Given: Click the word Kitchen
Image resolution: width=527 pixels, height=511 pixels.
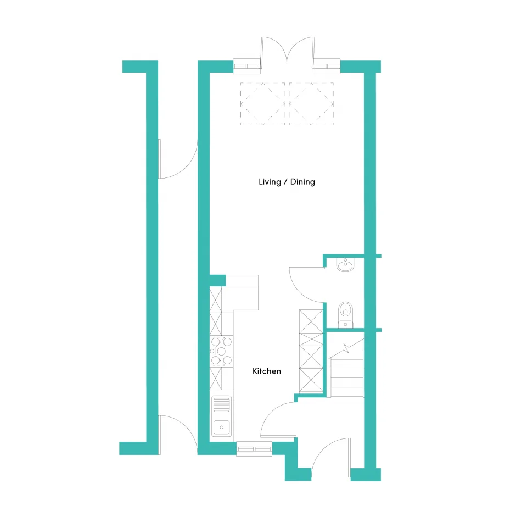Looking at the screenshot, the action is (267, 371).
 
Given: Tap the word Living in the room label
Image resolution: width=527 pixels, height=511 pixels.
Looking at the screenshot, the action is (270, 182).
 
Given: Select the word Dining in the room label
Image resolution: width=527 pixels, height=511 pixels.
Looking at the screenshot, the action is (302, 182).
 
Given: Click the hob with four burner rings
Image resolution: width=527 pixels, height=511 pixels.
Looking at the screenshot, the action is (221, 352).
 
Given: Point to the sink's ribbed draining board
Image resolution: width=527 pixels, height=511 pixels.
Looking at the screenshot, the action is (221, 405).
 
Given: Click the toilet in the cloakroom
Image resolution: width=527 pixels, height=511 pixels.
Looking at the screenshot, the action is (345, 314).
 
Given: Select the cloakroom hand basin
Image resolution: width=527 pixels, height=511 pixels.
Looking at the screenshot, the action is (345, 265).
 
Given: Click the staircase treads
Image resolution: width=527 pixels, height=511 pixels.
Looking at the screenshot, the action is (347, 377).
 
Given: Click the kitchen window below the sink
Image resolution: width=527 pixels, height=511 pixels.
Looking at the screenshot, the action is (254, 449).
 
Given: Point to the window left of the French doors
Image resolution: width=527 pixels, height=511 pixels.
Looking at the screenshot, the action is (247, 66).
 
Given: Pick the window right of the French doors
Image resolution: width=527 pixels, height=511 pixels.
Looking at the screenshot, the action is (327, 66).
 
